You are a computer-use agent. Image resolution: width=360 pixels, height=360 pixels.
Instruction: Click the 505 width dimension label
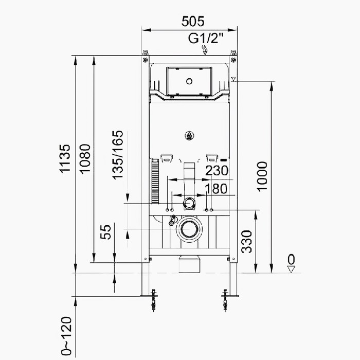click(193, 22)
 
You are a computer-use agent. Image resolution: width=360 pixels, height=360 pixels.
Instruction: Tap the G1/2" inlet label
click(206, 38)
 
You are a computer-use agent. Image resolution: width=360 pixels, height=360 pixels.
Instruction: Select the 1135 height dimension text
click(65, 158)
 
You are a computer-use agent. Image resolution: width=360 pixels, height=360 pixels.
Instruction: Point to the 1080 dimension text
click(85, 158)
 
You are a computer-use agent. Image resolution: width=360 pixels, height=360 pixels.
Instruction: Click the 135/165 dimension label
click(118, 155)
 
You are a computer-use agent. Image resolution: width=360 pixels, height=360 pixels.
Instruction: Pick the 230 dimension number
click(217, 170)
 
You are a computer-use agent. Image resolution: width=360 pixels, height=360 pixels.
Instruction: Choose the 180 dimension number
click(216, 189)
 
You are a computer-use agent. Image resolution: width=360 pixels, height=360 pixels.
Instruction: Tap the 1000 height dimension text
click(262, 176)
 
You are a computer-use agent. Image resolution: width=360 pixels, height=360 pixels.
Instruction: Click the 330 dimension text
click(246, 242)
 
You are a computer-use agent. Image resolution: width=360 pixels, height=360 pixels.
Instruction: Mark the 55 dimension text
click(106, 232)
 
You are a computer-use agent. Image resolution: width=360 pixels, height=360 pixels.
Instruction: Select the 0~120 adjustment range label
click(66, 336)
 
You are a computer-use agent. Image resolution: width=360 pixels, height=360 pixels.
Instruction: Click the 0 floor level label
click(291, 259)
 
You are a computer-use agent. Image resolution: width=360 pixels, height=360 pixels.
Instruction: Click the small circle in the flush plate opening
click(189, 81)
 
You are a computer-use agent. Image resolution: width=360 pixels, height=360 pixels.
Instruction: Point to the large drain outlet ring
click(189, 229)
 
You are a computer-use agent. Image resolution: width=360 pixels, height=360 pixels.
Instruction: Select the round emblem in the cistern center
click(189, 136)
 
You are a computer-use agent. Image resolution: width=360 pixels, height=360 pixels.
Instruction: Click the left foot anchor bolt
click(154, 300)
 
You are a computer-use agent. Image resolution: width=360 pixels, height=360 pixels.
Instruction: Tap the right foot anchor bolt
click(225, 300)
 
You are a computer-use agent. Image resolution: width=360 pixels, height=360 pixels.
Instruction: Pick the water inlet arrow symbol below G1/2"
click(205, 50)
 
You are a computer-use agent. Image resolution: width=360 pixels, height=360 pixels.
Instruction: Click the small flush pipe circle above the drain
click(189, 204)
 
